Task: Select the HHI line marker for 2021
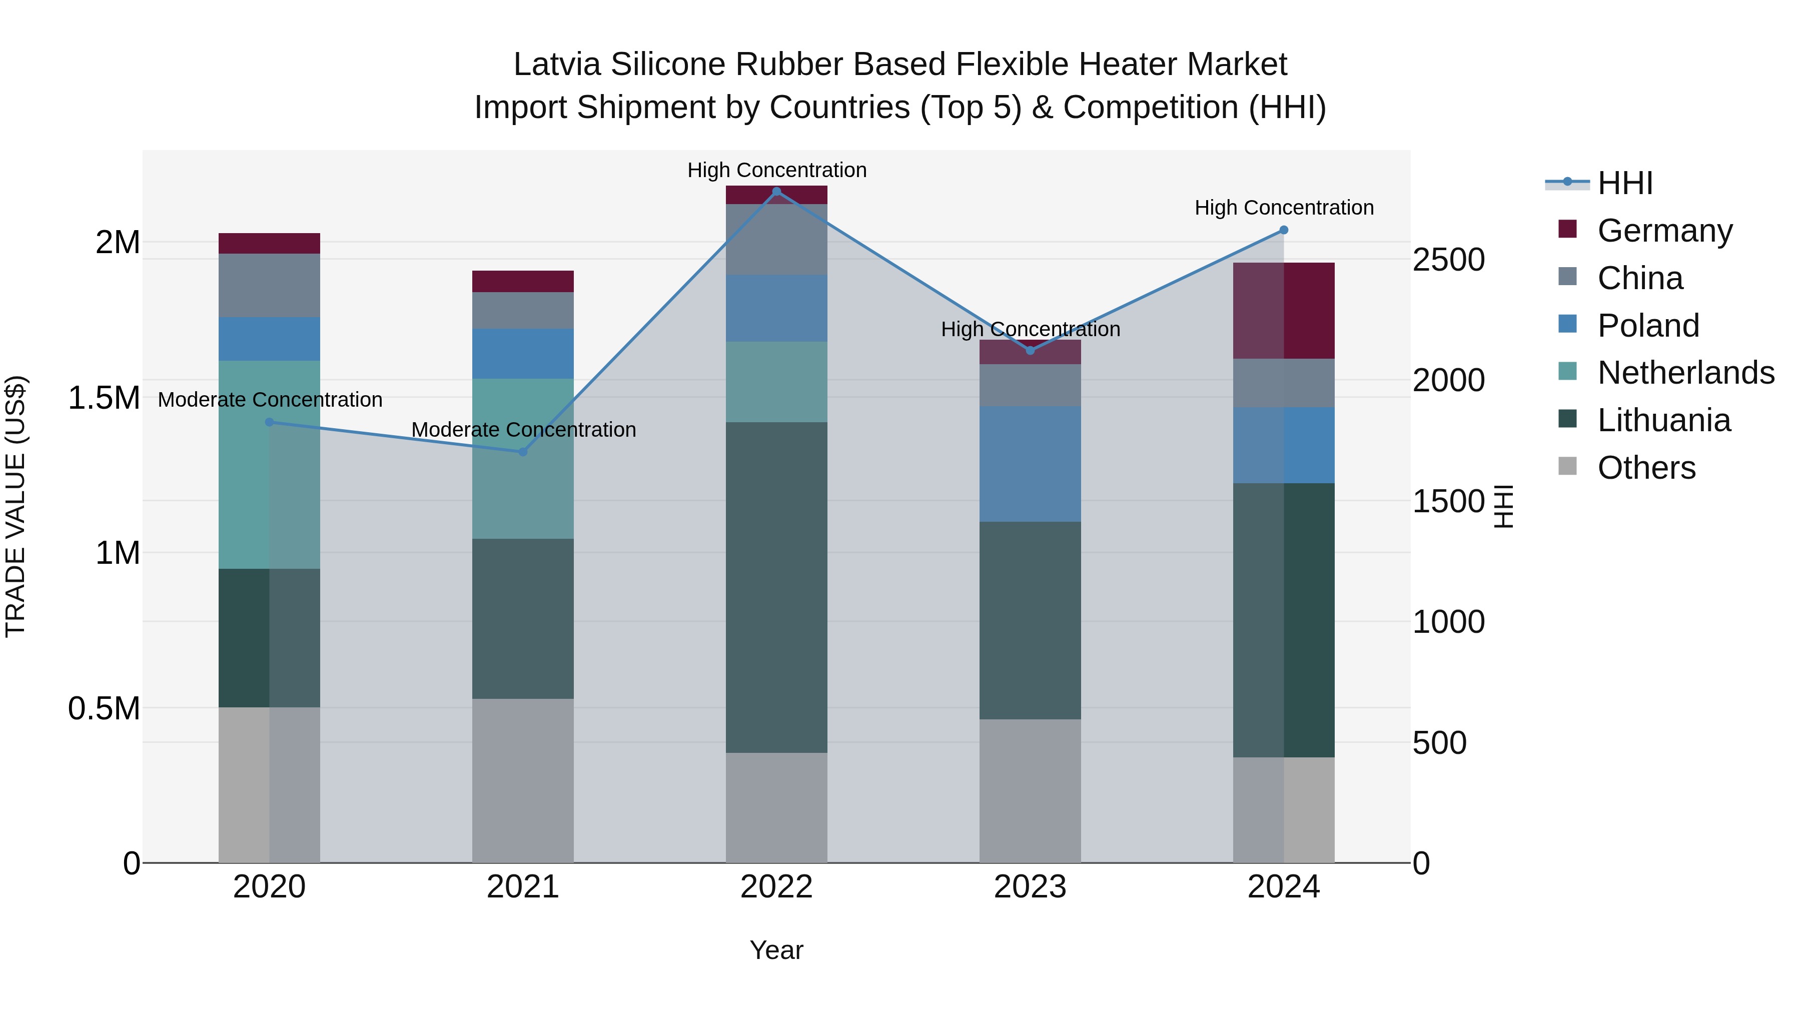(x=522, y=452)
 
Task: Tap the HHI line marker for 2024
(x=1284, y=230)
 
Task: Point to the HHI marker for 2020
(x=269, y=422)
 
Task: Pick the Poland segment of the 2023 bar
(x=1030, y=464)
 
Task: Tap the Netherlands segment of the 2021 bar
(x=522, y=459)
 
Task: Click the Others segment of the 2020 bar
(x=269, y=784)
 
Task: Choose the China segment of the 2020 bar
(x=269, y=285)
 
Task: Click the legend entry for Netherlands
(x=1685, y=373)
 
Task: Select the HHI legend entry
(x=1625, y=183)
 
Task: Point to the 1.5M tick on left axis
(x=104, y=398)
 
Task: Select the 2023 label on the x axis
(x=1030, y=887)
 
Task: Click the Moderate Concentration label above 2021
(x=524, y=429)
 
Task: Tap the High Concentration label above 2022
(x=777, y=170)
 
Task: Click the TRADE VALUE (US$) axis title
(x=16, y=506)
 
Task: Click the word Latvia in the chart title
(x=557, y=65)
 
